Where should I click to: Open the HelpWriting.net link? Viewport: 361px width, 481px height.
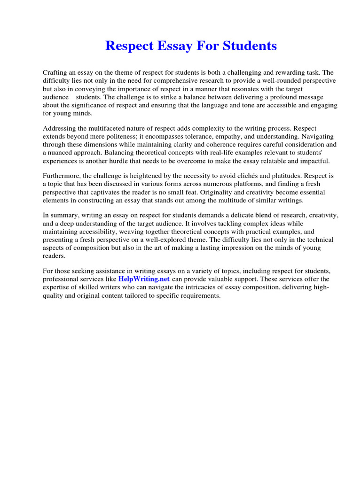[x=144, y=279]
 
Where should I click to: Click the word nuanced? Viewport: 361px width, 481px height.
[x=64, y=152]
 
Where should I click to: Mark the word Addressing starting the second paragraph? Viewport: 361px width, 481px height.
[x=59, y=128]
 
